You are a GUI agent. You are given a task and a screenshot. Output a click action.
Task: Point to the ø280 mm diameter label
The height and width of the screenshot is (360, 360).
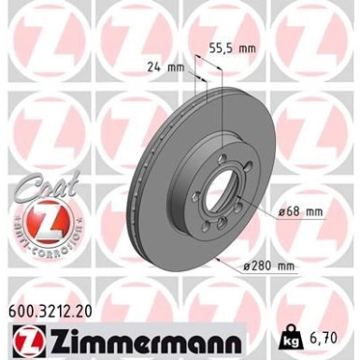point(268,266)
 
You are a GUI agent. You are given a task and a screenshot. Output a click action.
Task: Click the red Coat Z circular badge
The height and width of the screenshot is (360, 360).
point(41,217)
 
